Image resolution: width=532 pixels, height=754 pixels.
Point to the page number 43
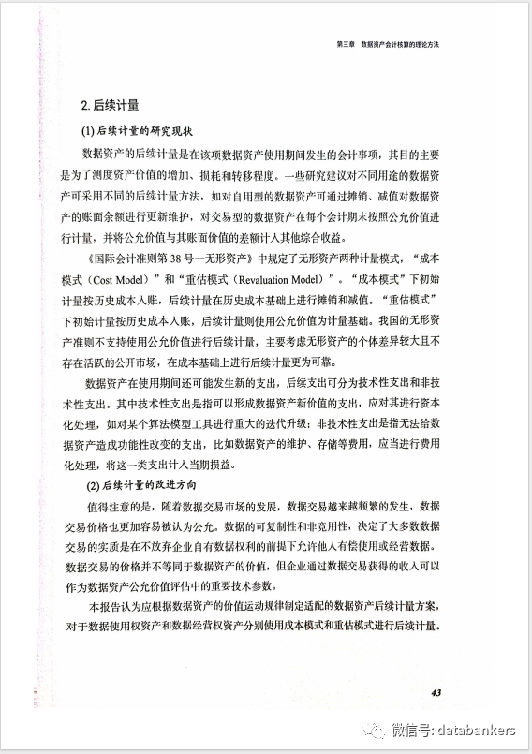click(437, 692)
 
